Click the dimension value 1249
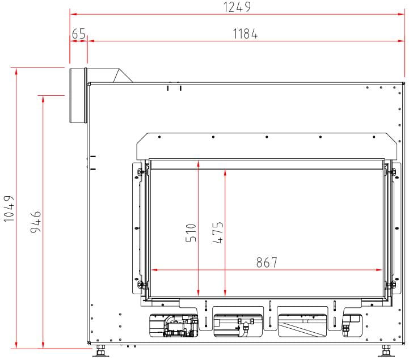point(237,7)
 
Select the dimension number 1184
point(245,34)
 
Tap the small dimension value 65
point(79,33)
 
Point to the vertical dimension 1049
point(9,209)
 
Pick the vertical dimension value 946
point(36,222)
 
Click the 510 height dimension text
point(191,232)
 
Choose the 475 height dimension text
point(218,232)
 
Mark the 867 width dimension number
point(267,262)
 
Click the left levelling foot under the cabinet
point(100,351)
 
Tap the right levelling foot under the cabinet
point(386,351)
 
